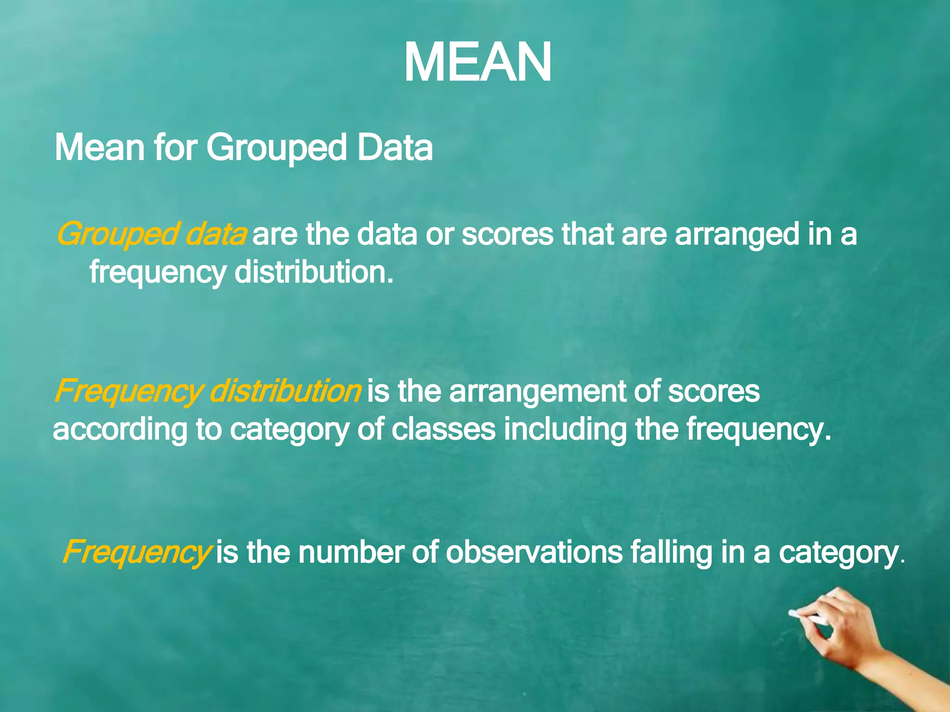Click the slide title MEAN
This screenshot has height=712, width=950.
[477, 63]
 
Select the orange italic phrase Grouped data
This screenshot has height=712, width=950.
[151, 235]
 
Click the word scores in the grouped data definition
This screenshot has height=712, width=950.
[507, 235]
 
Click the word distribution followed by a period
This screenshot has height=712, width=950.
[314, 272]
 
